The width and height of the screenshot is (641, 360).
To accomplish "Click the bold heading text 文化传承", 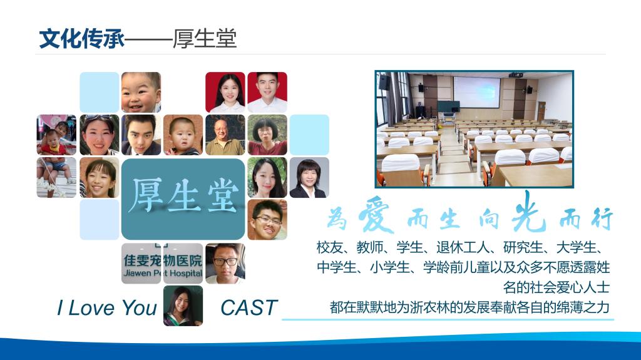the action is click(x=82, y=39).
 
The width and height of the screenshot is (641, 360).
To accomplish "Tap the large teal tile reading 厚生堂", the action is click(x=183, y=199).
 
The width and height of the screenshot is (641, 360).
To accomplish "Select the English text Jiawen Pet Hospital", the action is click(x=163, y=273).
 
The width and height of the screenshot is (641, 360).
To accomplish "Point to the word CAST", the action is click(x=249, y=307).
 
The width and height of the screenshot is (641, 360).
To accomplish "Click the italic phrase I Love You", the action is click(x=106, y=307).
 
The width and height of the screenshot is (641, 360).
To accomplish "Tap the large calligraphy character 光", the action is click(x=528, y=211).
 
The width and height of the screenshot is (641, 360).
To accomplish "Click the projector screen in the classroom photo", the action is click(x=476, y=92).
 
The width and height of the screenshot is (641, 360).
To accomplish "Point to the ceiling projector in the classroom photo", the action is click(x=516, y=75).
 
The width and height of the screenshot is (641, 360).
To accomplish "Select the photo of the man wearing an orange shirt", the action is click(x=267, y=220).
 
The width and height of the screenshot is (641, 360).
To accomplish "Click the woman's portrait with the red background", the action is click(x=225, y=93).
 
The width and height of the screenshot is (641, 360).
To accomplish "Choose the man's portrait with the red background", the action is click(x=267, y=93).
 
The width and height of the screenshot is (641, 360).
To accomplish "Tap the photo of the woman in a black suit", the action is click(x=309, y=178).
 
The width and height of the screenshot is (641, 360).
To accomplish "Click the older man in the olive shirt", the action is click(x=225, y=135).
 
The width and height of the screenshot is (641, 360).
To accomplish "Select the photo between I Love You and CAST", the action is click(x=183, y=306).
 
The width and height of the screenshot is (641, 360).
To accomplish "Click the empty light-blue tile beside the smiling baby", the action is click(x=100, y=93).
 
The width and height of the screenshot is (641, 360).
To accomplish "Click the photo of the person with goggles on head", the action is click(x=100, y=135).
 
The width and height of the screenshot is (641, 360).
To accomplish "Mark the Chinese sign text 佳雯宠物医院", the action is click(x=163, y=260).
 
